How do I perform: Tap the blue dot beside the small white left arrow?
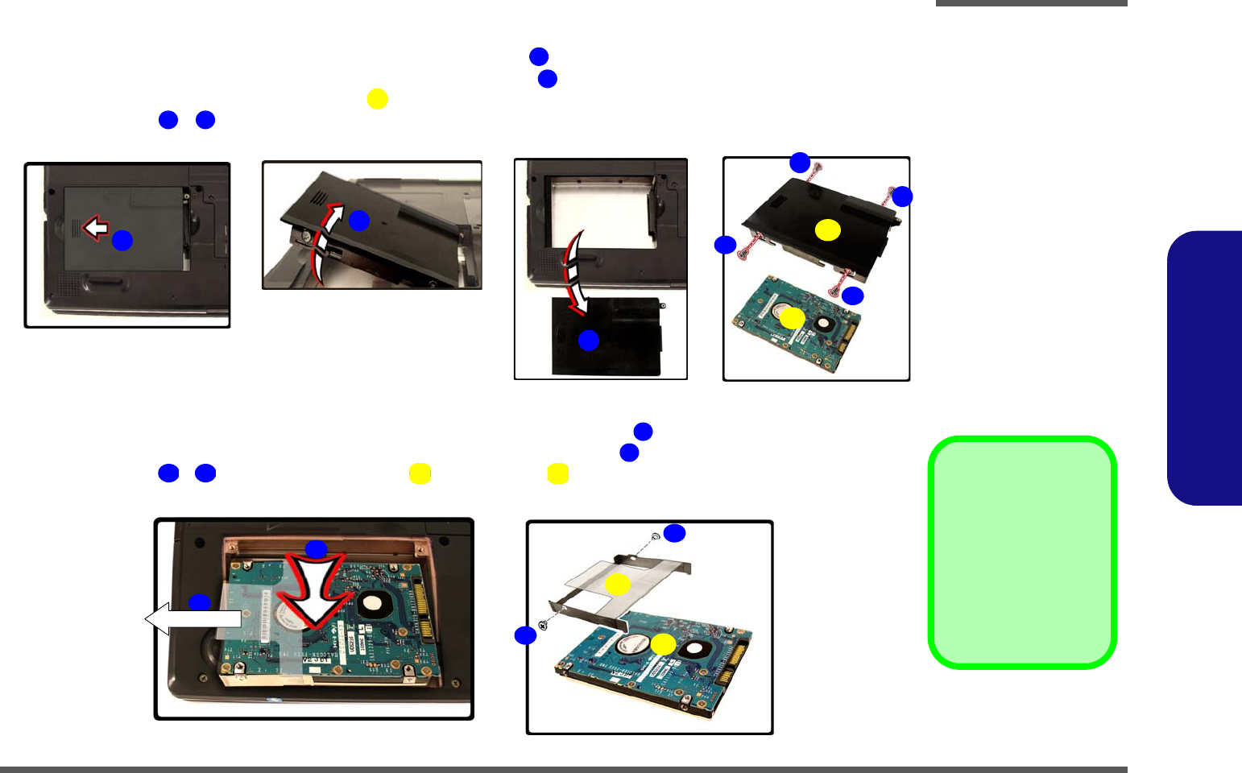click(122, 240)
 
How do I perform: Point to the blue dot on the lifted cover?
click(358, 220)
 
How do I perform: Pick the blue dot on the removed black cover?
click(589, 340)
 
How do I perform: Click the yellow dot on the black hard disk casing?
click(827, 230)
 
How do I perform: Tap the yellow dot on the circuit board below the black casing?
click(793, 318)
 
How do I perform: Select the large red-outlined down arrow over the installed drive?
click(315, 592)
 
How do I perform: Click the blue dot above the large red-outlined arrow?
click(316, 549)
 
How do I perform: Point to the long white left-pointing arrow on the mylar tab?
click(193, 618)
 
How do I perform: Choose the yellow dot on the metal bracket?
click(618, 585)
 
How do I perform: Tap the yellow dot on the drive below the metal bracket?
click(663, 643)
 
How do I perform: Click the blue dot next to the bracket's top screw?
click(674, 533)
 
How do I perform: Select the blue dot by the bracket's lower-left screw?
click(525, 635)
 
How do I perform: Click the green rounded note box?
click(1022, 552)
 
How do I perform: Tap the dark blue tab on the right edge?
click(1205, 368)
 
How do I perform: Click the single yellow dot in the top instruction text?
click(377, 98)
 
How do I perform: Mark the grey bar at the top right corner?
click(1031, 3)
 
